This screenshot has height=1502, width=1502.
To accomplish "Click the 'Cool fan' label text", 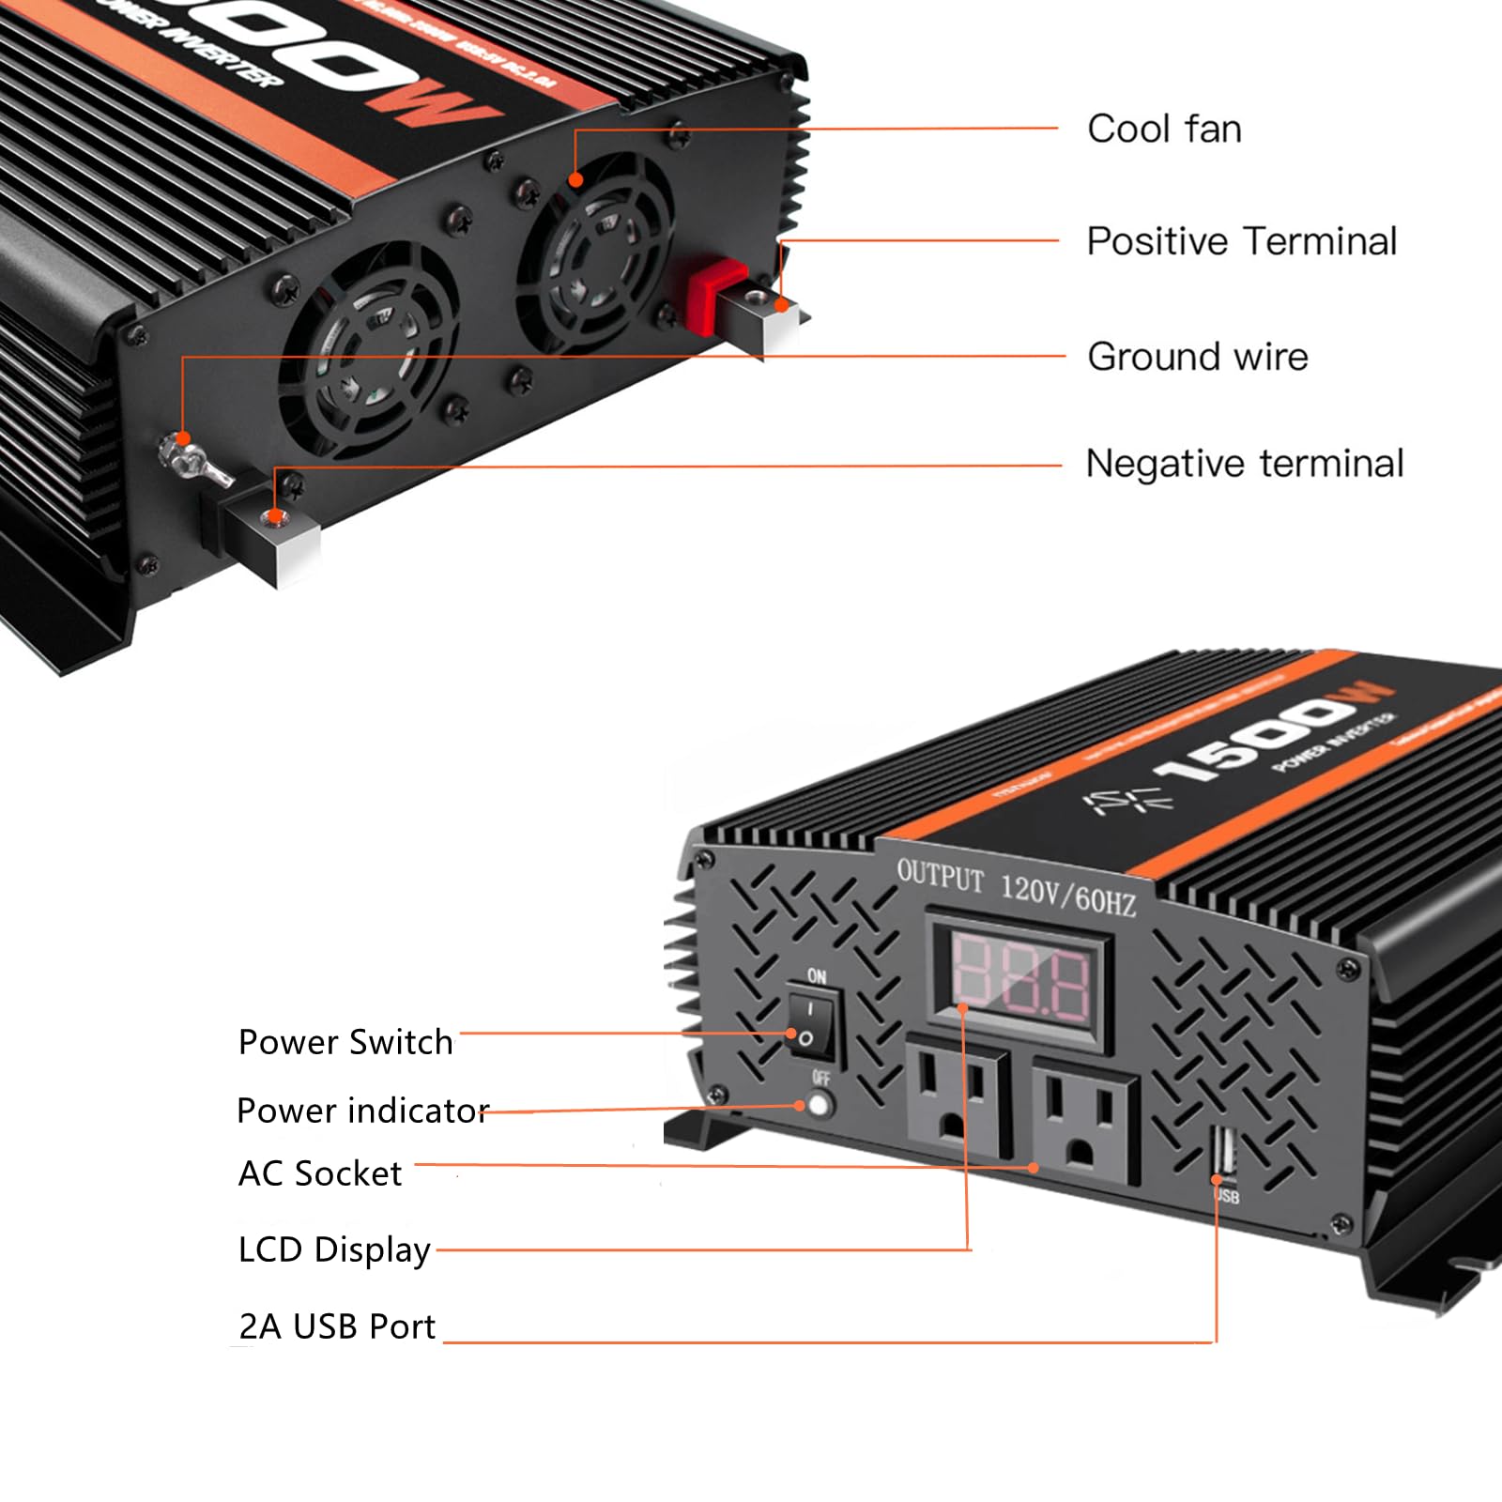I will (1164, 129).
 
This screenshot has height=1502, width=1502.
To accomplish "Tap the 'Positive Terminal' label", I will (1241, 241).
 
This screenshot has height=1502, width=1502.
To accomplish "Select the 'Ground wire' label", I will (1197, 357).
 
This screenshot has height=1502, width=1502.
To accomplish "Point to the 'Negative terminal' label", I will (1244, 464).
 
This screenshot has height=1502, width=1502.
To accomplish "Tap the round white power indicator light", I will (820, 1105).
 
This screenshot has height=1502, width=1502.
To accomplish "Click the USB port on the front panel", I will (1224, 1154).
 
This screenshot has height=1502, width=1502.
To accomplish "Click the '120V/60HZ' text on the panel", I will (1067, 895).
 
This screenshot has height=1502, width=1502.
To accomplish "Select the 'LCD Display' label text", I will (334, 1249).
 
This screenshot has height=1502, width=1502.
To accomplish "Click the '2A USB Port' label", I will (337, 1326).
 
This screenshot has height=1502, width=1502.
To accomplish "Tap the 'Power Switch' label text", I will (345, 1042).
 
